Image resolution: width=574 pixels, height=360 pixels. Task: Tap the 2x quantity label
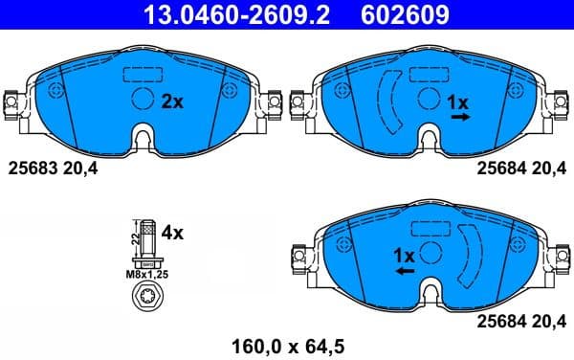172,101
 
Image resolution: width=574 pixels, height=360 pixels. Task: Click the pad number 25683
28,169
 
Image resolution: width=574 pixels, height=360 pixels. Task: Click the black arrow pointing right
461,117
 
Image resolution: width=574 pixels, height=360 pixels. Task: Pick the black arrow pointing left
405,271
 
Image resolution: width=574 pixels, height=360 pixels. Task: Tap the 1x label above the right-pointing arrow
459,101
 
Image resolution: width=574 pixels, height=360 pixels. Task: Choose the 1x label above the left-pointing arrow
404,256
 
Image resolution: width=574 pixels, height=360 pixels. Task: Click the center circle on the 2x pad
143,99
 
